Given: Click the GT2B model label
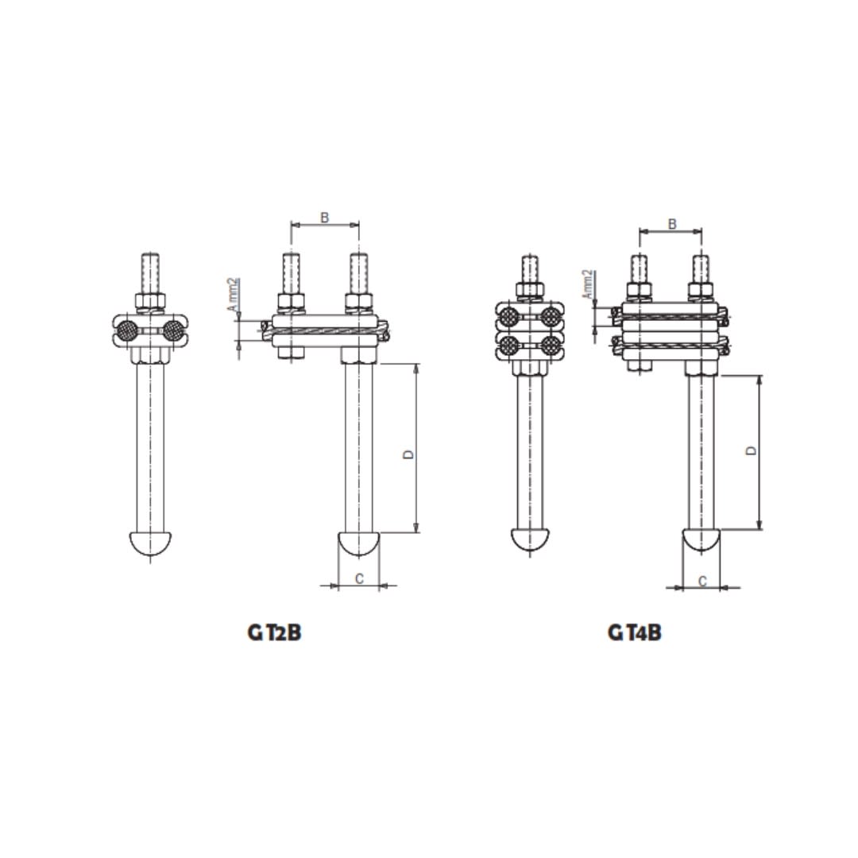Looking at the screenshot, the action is click(x=274, y=632).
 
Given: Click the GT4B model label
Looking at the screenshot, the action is click(x=634, y=632).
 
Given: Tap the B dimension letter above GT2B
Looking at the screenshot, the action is click(x=324, y=217).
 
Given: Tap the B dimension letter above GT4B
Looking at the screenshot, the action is click(x=672, y=224).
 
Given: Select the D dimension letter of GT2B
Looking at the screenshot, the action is click(x=408, y=454).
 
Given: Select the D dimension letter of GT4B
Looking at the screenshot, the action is click(x=752, y=450).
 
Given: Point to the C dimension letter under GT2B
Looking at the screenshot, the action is click(x=359, y=578).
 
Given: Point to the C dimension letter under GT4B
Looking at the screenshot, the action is click(x=702, y=581).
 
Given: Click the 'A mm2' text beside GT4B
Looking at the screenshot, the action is click(x=587, y=284).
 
